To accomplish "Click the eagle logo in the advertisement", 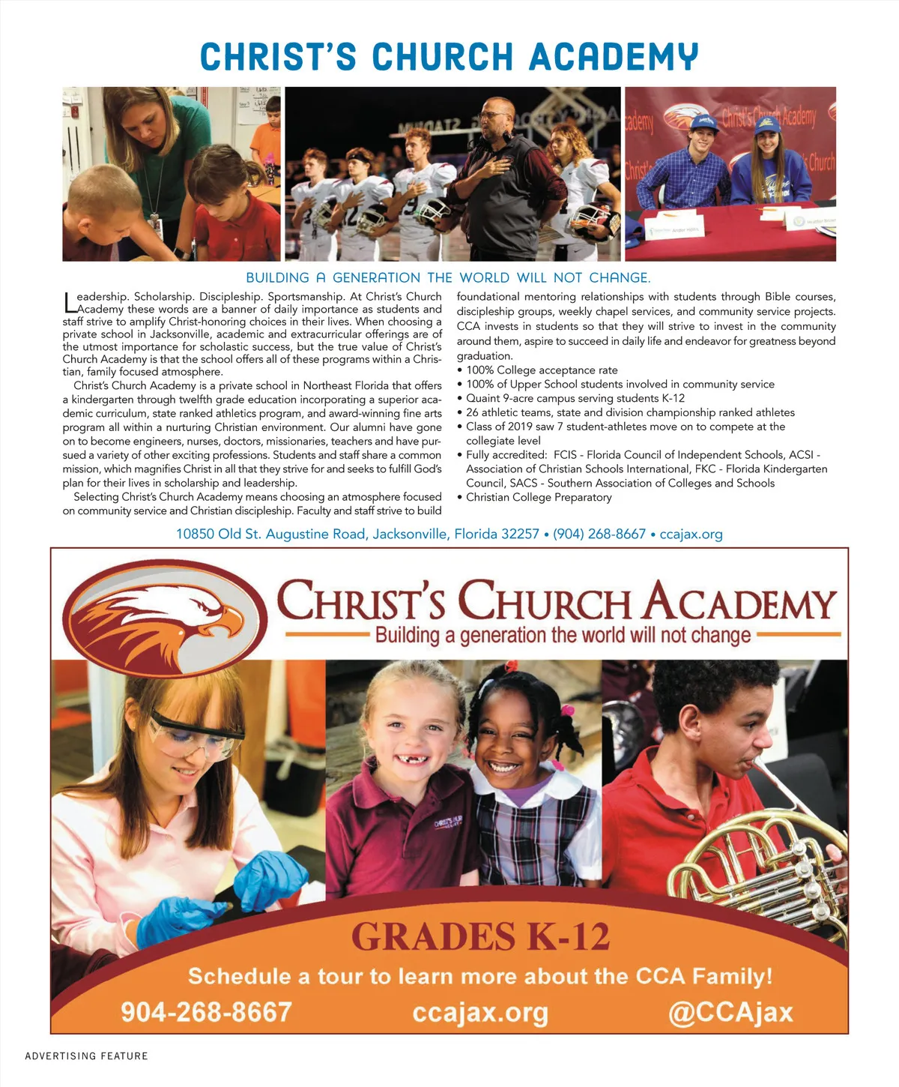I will click(x=165, y=616).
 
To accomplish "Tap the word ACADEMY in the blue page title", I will click(x=614, y=57).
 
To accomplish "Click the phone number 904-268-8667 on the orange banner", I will click(x=206, y=1012).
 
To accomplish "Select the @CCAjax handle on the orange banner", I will click(x=730, y=1012).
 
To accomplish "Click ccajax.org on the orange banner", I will click(x=480, y=1013).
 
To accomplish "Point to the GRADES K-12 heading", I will click(x=480, y=937).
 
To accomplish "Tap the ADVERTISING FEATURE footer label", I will click(x=86, y=1056).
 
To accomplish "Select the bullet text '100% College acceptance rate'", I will click(x=542, y=370).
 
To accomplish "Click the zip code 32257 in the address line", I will click(x=519, y=535).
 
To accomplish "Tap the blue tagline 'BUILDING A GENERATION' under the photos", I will click(x=448, y=278).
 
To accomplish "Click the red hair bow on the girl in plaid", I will click(x=512, y=667).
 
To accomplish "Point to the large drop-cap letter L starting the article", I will click(x=70, y=302).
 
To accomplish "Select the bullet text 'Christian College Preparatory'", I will click(x=539, y=498).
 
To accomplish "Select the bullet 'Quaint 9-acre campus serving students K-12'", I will click(x=575, y=399).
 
